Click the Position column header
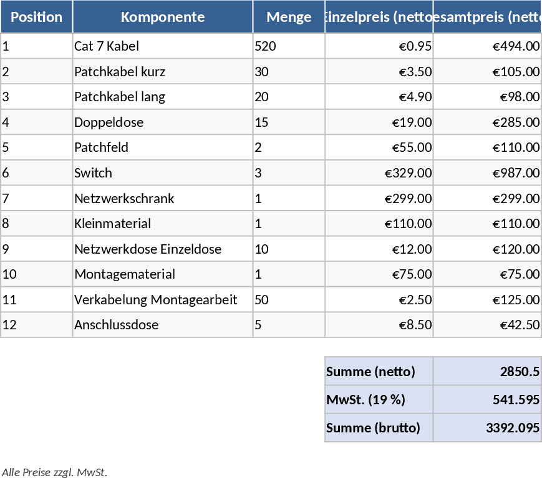[x=36, y=17]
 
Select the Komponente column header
[x=162, y=17]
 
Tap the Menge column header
[x=288, y=17]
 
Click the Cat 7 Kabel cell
[x=107, y=46]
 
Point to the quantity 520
[x=265, y=46]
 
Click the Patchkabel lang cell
[x=120, y=97]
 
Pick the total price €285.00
[x=516, y=122]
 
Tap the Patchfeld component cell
[x=101, y=147]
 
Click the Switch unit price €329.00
[x=408, y=173]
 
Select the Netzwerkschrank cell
[x=124, y=199]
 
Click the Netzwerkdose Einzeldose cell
[x=148, y=249]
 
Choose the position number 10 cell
[x=11, y=274]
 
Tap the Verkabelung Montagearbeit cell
[x=155, y=300]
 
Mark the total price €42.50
[x=520, y=325]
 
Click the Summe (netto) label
[x=370, y=372]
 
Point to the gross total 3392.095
[x=513, y=428]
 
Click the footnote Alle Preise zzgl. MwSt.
[x=54, y=472]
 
